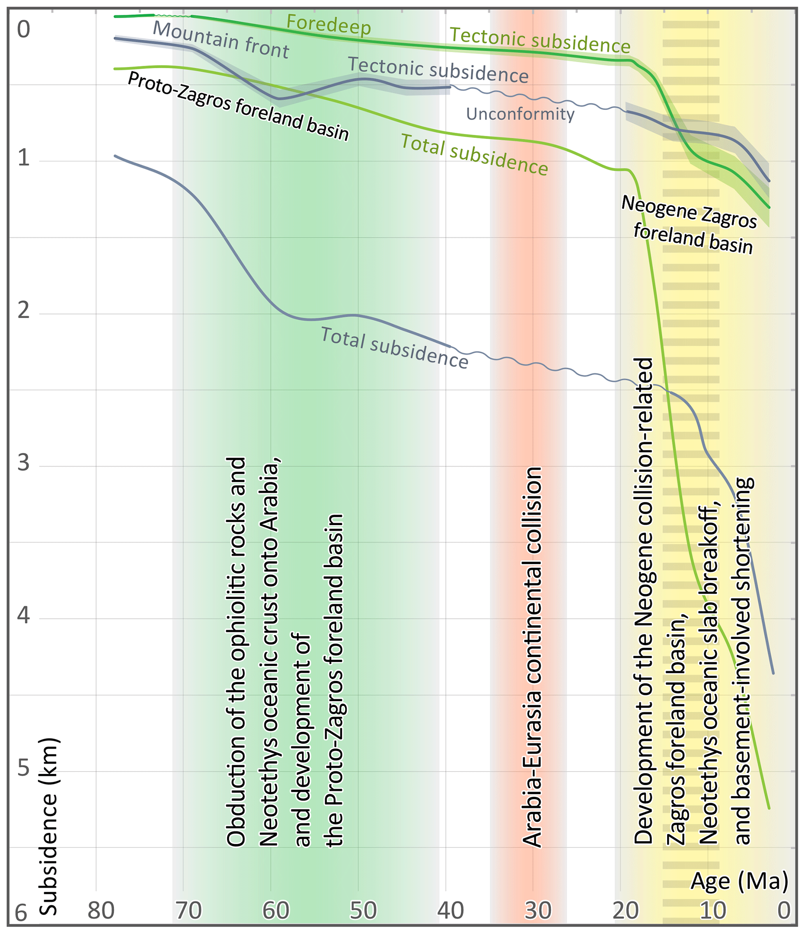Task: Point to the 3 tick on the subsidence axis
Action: point(23,462)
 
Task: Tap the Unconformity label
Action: point(520,114)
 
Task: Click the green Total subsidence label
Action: point(474,155)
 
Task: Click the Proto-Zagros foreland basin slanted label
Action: point(238,106)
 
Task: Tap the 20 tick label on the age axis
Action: point(625,911)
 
